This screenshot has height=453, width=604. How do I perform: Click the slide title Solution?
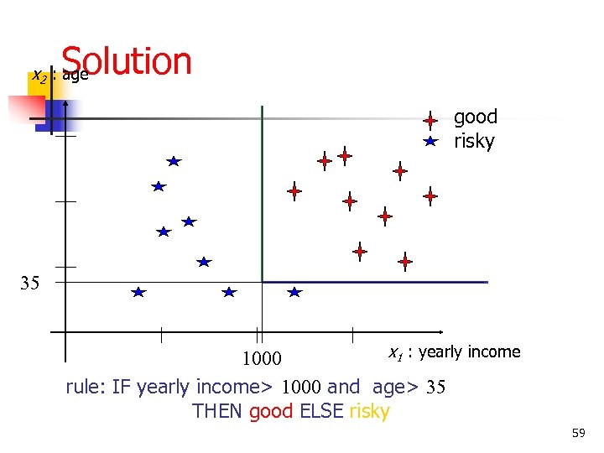(126, 61)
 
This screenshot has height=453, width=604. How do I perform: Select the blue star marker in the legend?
(430, 141)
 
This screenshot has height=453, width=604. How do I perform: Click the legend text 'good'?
(476, 117)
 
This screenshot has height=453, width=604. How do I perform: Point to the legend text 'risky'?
(474, 141)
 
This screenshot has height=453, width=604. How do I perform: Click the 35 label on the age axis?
(30, 283)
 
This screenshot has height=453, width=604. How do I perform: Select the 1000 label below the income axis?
(263, 360)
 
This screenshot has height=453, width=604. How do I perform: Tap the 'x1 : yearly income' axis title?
(455, 351)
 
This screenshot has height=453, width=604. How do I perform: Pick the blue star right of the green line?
(294, 292)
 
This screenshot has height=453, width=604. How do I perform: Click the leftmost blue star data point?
(138, 292)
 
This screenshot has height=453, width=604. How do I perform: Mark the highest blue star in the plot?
(174, 160)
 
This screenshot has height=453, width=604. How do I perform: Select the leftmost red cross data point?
(294, 191)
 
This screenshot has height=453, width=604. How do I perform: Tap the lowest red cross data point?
(405, 262)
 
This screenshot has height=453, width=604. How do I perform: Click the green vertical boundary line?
(263, 193)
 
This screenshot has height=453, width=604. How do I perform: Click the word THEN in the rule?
(218, 411)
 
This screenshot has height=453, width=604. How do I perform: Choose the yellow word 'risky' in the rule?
(368, 411)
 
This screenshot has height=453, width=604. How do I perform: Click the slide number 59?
(578, 433)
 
